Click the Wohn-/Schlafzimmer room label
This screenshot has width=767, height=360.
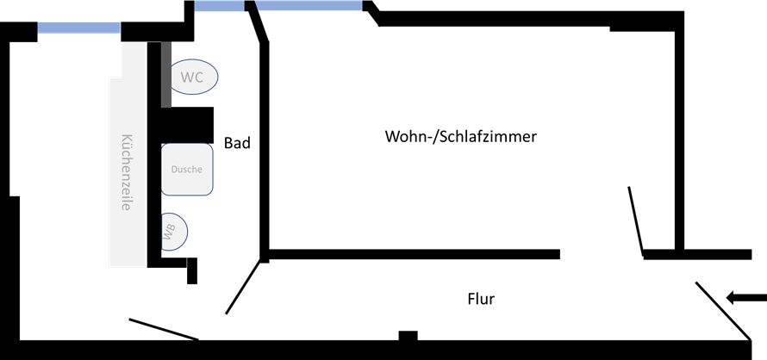click(x=461, y=137)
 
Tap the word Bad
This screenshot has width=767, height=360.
click(x=237, y=143)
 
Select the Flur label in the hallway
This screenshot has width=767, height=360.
click(x=481, y=299)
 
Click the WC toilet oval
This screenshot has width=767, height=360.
click(x=193, y=77)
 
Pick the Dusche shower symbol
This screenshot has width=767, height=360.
click(x=186, y=169)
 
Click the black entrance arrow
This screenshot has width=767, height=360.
click(x=745, y=298)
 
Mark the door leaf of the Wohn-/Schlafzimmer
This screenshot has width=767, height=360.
click(x=636, y=221)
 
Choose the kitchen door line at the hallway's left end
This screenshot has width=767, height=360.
click(x=165, y=329)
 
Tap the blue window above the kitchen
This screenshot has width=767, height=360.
click(x=78, y=28)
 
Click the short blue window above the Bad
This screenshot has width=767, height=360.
click(x=219, y=6)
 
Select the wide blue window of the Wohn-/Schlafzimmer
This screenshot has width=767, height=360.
click(x=309, y=6)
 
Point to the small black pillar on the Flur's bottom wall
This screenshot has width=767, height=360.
click(x=408, y=335)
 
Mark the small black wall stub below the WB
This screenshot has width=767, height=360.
click(x=192, y=270)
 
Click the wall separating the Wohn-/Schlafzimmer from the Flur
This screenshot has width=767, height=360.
click(x=414, y=254)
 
